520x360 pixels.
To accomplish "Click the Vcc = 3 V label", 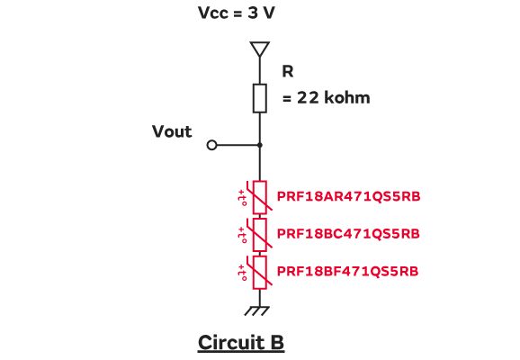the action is [236, 13].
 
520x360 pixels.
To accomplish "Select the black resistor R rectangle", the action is [260, 98].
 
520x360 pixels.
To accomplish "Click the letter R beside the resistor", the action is [288, 71].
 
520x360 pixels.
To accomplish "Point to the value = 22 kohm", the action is [327, 97].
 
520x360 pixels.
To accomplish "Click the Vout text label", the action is [172, 131].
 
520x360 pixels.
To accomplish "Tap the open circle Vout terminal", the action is [211, 145].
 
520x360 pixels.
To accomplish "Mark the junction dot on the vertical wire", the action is [260, 145].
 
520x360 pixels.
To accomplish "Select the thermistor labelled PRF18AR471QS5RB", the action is [260, 197].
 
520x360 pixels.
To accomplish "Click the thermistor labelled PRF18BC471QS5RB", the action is [260, 235].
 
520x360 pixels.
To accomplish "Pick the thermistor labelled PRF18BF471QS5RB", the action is [260, 272].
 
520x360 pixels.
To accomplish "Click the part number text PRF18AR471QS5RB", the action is [348, 196].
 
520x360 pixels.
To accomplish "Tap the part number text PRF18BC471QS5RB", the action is [348, 234].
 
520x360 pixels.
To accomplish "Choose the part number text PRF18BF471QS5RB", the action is [347, 272].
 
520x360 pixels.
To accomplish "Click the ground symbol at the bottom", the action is [257, 310].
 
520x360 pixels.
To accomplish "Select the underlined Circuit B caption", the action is [241, 343].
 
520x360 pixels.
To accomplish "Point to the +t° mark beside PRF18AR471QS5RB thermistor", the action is [242, 198].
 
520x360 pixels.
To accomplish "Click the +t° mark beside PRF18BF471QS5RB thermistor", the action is [242, 273].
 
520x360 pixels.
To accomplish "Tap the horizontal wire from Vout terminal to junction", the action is [238, 145].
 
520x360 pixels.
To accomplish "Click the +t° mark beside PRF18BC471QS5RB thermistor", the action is [242, 235].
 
